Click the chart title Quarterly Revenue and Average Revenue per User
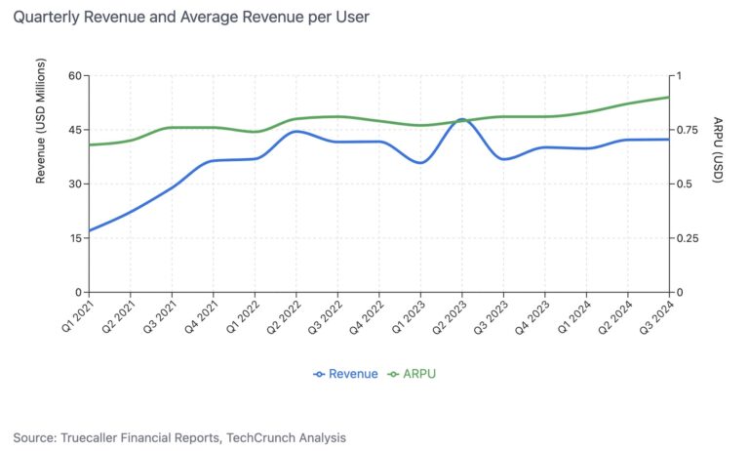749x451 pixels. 191,18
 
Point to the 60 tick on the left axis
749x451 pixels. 74,76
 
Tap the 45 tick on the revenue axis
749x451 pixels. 74,130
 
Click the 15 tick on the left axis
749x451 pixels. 74,238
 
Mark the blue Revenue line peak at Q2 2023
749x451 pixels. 461,119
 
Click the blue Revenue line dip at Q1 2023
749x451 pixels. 420,163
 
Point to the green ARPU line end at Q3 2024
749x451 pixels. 669,97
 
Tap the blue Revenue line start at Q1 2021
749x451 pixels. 89,231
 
